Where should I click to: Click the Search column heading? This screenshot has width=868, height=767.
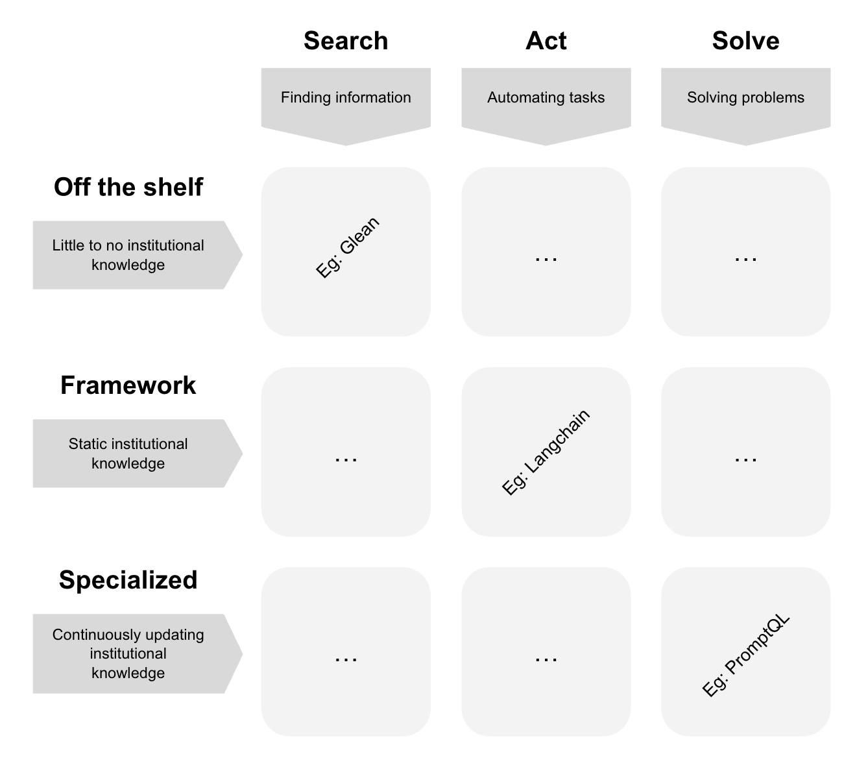click(346, 41)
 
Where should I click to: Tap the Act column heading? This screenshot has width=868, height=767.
click(546, 41)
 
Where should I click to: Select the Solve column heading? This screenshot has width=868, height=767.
click(745, 41)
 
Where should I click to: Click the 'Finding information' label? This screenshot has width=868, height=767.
click(346, 98)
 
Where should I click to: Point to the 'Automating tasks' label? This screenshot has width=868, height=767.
click(546, 98)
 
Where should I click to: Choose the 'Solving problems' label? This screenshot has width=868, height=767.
click(745, 98)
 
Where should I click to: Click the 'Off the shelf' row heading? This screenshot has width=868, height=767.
click(128, 187)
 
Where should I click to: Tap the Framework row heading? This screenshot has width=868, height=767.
click(128, 385)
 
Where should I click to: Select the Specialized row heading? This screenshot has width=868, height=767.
click(128, 580)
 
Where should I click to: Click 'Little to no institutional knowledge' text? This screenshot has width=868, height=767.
click(128, 255)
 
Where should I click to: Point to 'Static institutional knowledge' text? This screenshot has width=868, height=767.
click(128, 454)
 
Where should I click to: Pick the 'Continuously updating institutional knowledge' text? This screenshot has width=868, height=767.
click(128, 653)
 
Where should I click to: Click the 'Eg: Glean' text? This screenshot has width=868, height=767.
click(348, 248)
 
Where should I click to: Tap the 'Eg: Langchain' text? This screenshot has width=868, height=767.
click(546, 452)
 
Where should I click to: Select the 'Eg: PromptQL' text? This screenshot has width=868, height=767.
click(746, 655)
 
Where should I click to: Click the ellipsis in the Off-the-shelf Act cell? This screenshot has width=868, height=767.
click(546, 259)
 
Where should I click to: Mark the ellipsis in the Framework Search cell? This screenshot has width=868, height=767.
click(346, 459)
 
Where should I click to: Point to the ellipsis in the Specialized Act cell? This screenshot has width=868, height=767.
click(546, 659)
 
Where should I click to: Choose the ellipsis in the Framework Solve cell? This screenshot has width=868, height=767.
click(745, 459)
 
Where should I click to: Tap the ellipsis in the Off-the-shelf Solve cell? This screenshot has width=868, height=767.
click(745, 259)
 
